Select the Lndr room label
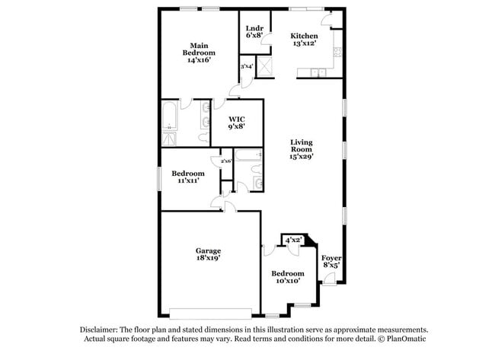(254, 29)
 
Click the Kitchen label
(305, 36)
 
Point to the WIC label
(237, 119)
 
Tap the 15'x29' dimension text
(302, 156)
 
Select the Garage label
(208, 251)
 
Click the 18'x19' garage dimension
(208, 260)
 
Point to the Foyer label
(331, 258)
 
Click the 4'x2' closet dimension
(293, 240)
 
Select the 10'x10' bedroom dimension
(288, 281)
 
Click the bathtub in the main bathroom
(171, 119)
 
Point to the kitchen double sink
(318, 73)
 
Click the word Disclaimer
(103, 329)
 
